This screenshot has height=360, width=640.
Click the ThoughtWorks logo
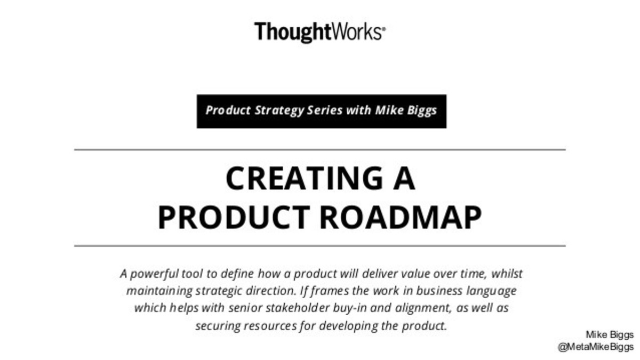click(318, 31)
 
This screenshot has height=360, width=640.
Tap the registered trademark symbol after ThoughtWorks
click(383, 30)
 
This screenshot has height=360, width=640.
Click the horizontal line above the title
click(319, 150)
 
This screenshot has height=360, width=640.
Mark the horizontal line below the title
click(319, 246)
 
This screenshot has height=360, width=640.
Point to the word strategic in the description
click(219, 292)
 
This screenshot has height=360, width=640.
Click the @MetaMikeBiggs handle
click(595, 347)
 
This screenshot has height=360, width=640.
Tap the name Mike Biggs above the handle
click(610, 335)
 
